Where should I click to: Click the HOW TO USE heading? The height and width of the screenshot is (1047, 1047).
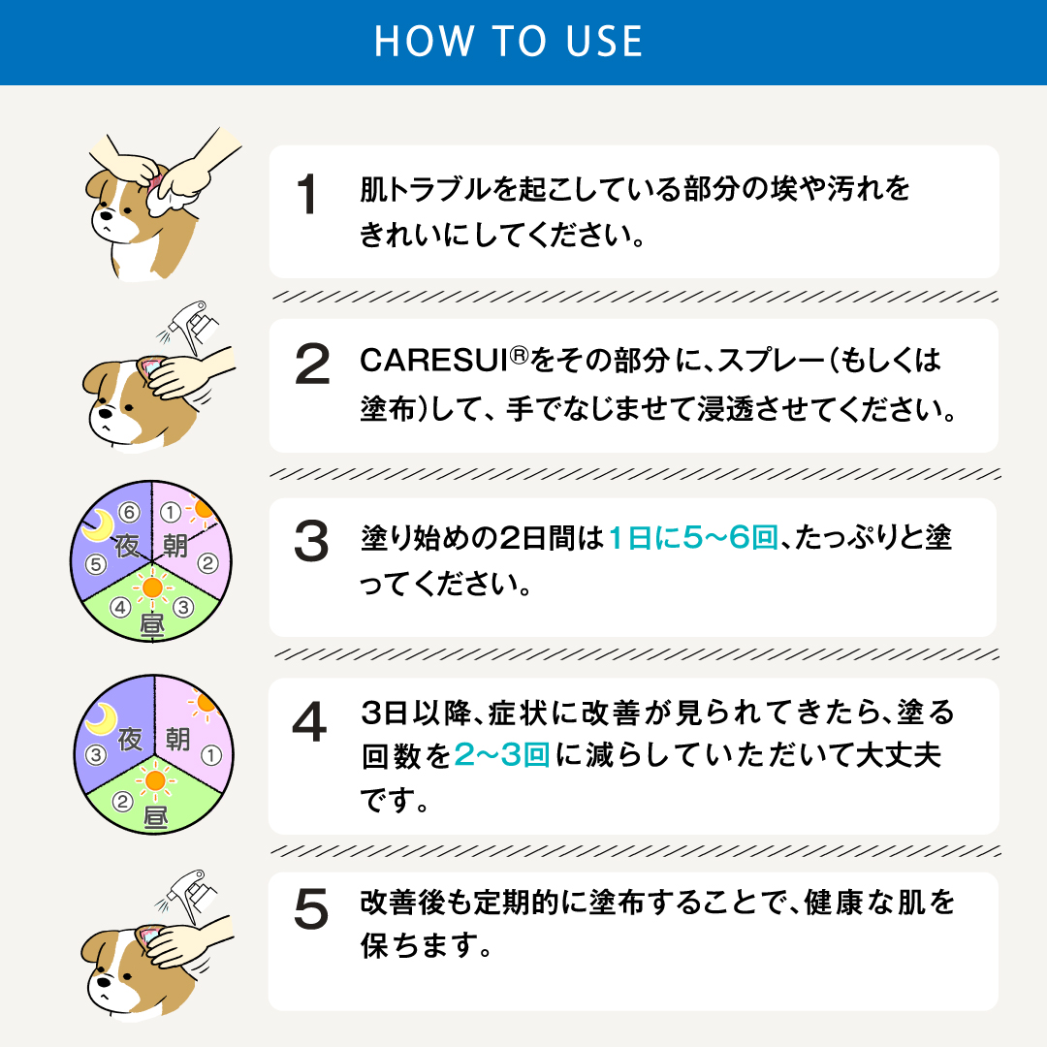508,42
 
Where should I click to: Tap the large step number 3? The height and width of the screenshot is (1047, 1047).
311,543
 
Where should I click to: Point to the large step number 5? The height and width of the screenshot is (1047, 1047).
311,908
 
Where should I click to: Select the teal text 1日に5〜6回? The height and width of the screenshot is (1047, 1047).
693,539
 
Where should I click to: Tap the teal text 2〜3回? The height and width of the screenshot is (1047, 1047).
502,757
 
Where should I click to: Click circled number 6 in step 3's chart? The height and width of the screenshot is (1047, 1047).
127,511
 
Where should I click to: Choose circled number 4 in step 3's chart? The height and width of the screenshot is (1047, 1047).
121,608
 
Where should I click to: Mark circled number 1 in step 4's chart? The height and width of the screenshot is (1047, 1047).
213,753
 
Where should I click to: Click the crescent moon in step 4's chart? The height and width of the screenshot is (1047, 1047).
100,718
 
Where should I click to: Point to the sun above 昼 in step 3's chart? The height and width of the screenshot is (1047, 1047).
151,587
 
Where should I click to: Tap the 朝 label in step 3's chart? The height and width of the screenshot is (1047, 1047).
175,546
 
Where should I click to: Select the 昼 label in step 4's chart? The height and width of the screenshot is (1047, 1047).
153,816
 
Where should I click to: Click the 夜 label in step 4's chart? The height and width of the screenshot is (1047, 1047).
128,740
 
